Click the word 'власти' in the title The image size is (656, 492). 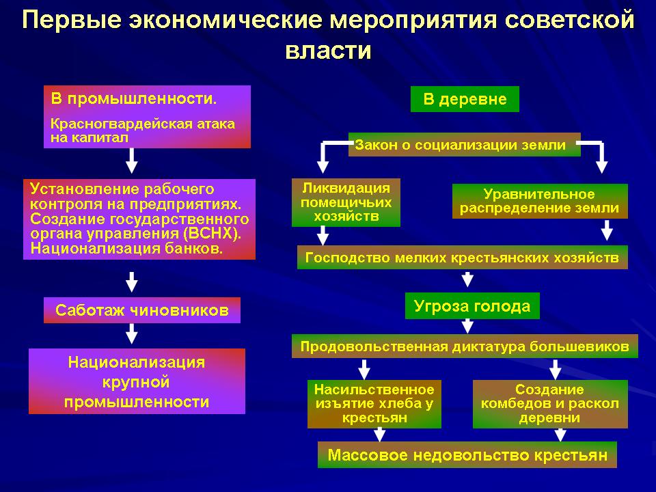328,51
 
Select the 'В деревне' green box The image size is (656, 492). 465,99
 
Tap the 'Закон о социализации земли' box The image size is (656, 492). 464,145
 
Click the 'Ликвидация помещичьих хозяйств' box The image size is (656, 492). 346,203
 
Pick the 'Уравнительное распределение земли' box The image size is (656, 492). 539,202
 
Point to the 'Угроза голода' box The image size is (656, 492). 472,306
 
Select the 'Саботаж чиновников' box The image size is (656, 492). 142,310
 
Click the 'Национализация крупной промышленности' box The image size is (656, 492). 137,381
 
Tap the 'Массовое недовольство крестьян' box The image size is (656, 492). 467,455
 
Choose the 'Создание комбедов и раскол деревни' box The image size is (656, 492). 550,404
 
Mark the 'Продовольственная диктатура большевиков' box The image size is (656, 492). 465,346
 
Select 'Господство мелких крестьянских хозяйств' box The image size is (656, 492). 462,258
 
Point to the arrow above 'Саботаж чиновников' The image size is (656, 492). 132,280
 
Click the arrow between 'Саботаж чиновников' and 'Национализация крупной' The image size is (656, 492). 132,334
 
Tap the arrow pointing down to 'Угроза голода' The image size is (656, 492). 467,279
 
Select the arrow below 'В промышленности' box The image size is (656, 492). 132,161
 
